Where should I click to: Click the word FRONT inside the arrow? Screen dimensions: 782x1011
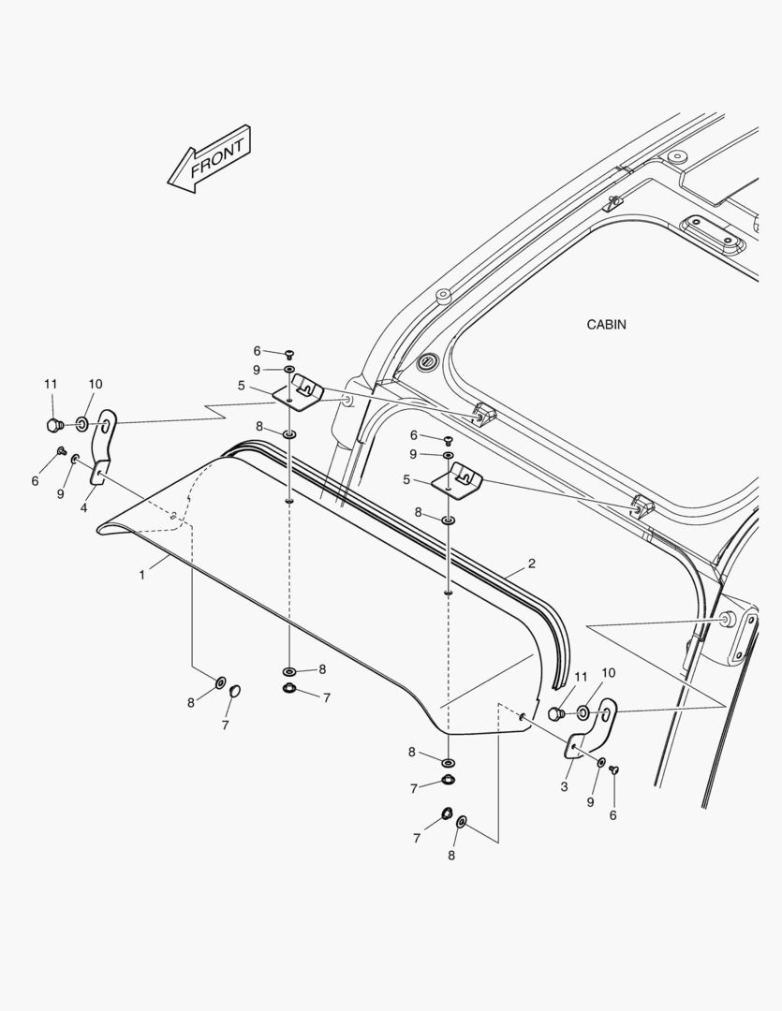(x=217, y=158)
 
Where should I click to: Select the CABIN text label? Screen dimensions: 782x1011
(x=606, y=324)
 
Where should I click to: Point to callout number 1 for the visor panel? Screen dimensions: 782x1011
(x=142, y=575)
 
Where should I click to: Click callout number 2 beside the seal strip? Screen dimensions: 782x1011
(x=532, y=564)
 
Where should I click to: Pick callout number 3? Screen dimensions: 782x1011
(x=564, y=786)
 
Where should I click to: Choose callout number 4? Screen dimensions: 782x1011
(x=84, y=508)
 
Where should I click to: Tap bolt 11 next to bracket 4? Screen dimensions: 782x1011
(x=54, y=425)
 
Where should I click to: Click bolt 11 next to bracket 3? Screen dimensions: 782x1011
(x=556, y=713)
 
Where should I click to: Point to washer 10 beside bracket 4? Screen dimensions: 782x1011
(x=82, y=424)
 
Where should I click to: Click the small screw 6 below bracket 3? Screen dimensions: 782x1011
(x=613, y=769)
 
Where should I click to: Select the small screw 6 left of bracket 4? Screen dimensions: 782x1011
(x=62, y=450)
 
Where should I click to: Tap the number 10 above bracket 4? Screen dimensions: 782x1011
(x=95, y=384)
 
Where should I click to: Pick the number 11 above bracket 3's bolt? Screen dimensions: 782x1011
(x=581, y=677)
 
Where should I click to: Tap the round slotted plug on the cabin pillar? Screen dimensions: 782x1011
(x=426, y=362)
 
